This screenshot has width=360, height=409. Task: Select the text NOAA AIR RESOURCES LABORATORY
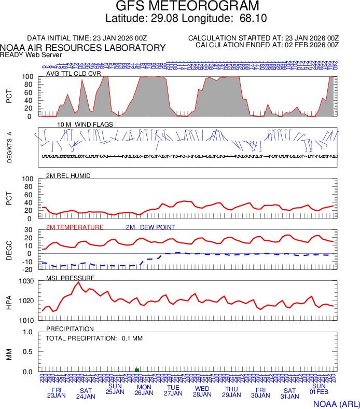tap(83, 48)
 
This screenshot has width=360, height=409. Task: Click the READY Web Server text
tap(31, 54)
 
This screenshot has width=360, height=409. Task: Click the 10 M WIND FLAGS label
tap(85, 125)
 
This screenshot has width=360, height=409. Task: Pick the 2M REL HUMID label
tap(68, 176)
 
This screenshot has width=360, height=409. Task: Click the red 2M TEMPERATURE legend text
tap(75, 227)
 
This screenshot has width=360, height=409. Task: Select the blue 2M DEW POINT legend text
tap(150, 227)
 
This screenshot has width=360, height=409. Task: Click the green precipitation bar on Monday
tap(137, 370)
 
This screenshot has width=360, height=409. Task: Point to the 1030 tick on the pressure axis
tap(27, 281)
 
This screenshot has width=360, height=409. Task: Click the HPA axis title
tap(9, 301)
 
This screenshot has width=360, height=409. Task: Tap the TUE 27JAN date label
tap(173, 391)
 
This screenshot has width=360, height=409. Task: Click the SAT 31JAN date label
tap(289, 393)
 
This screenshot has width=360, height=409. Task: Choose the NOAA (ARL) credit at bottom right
tap(335, 403)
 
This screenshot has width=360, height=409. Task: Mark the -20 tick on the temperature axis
tap(29, 269)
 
